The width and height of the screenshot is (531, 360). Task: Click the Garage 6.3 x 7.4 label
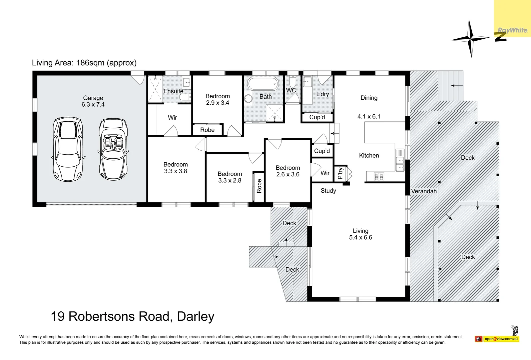[x=93, y=101]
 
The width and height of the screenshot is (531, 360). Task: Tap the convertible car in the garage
[x=113, y=149]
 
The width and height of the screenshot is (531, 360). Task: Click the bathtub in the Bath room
[x=263, y=84]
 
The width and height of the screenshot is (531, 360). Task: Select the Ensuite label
[x=173, y=91]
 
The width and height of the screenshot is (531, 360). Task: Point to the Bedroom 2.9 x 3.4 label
[x=218, y=99]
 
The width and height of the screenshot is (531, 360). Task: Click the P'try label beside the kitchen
[x=340, y=173]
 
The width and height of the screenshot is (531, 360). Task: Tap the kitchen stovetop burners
[x=379, y=177]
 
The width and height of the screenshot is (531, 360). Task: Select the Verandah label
[x=424, y=191]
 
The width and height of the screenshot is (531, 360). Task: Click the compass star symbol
[x=470, y=39]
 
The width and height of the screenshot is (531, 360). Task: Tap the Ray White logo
[x=513, y=30]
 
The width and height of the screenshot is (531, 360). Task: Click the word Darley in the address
[x=196, y=316]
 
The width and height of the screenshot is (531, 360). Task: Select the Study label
[x=328, y=191]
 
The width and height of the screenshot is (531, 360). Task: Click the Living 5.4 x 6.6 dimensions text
[x=360, y=237]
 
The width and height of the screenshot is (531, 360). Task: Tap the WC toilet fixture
[x=292, y=81]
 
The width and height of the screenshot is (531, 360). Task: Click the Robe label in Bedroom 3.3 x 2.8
[x=259, y=186]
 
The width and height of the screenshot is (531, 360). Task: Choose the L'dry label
[x=322, y=94]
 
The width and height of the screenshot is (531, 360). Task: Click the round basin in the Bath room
[x=249, y=98]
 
